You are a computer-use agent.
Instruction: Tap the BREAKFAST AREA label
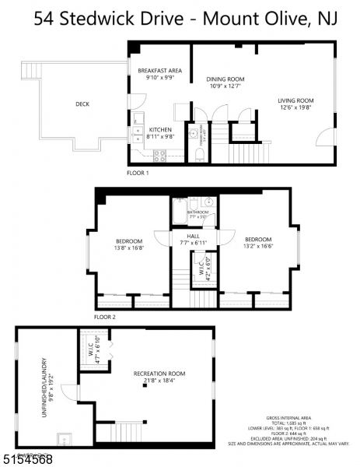click(x=159, y=70)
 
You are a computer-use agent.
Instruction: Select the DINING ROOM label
click(x=225, y=79)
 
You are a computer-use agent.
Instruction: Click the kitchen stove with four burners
click(x=160, y=154)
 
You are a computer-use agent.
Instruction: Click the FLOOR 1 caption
click(x=138, y=173)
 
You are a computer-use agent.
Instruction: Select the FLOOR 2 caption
click(x=104, y=317)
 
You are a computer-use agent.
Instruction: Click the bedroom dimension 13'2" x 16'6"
click(x=257, y=245)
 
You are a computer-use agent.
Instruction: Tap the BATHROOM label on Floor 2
click(x=197, y=211)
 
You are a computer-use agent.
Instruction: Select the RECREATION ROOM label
click(x=158, y=374)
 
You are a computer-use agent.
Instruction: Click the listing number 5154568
click(x=26, y=458)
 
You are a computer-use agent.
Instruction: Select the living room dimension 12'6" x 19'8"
click(x=295, y=107)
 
